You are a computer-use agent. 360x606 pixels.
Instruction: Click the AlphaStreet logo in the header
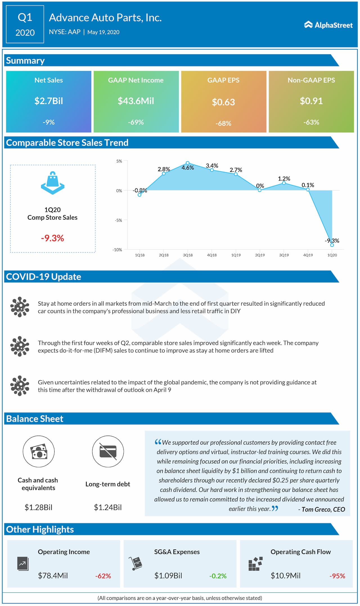[328, 25]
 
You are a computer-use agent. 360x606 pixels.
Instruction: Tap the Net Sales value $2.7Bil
[49, 101]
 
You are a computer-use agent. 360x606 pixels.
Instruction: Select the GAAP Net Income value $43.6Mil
[136, 101]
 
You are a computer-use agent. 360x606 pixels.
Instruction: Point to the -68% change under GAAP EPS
[223, 123]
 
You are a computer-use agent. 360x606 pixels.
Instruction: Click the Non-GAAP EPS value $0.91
[311, 101]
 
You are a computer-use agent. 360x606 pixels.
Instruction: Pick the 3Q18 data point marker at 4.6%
[188, 163]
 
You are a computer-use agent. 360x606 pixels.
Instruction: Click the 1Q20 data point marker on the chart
[332, 245]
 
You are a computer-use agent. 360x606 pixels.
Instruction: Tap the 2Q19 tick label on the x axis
[260, 255]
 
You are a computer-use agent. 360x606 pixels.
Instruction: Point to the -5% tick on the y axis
[118, 220]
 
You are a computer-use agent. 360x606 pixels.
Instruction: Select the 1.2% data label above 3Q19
[284, 178]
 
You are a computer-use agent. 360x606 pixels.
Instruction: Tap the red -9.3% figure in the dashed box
[53, 238]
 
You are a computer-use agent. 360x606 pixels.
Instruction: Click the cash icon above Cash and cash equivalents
[39, 451]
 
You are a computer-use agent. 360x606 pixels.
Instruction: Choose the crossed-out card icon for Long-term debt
[108, 451]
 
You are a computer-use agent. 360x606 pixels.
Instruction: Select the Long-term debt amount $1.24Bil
[108, 507]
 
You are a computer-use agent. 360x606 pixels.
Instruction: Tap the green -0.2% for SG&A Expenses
[218, 576]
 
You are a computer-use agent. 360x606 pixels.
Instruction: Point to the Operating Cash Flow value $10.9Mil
[285, 576]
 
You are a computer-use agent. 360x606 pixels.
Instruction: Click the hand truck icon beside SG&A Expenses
[136, 563]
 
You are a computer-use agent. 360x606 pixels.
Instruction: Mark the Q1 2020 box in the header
[25, 24]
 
